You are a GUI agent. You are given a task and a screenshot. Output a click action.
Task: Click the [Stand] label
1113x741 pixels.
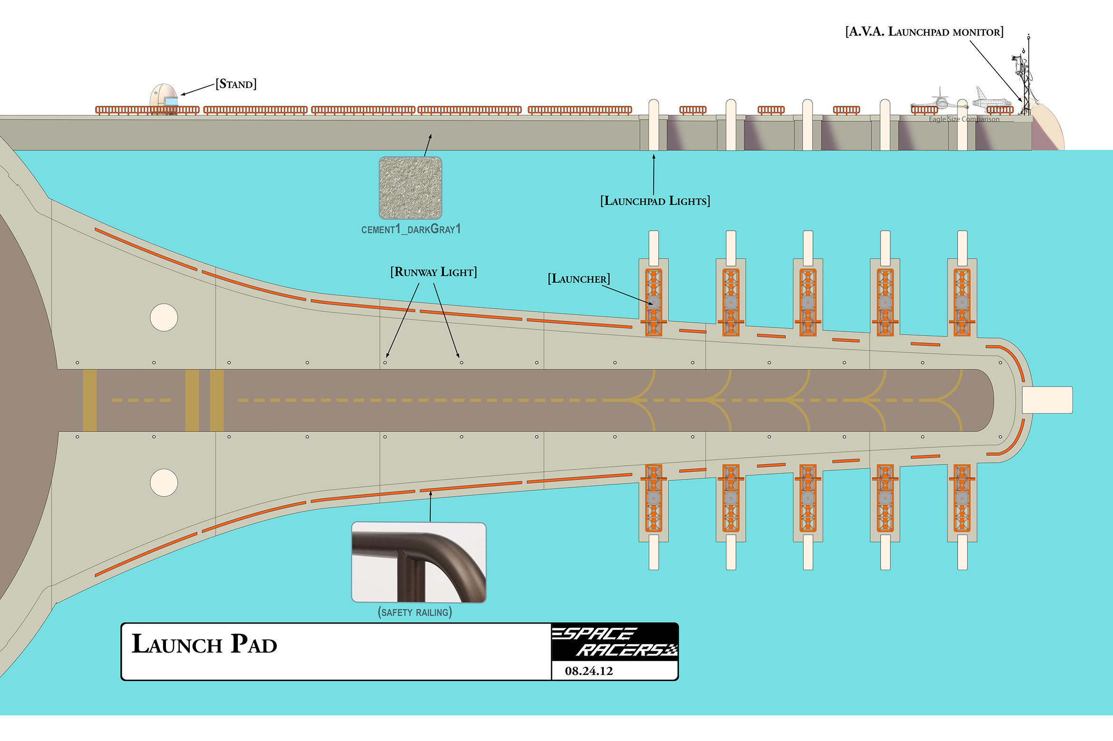(x=236, y=84)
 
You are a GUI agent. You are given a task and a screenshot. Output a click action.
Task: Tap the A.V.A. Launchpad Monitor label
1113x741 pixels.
(x=924, y=32)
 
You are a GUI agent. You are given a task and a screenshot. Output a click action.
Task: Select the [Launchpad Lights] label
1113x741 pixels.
(x=655, y=201)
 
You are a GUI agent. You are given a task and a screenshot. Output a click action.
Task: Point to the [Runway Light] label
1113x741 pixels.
(x=433, y=272)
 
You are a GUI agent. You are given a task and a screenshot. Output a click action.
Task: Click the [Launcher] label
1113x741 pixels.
(x=578, y=279)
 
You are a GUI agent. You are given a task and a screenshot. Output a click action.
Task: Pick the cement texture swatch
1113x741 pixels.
(x=410, y=188)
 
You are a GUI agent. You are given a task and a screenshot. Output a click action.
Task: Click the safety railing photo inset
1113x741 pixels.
(x=418, y=562)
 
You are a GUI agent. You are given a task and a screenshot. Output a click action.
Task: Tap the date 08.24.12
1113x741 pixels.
(x=589, y=671)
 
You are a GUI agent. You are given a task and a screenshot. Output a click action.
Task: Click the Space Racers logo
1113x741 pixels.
(x=615, y=642)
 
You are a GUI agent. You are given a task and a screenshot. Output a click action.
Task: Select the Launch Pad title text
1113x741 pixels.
(x=204, y=645)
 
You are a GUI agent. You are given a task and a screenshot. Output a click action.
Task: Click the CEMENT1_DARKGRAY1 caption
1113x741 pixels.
(x=411, y=230)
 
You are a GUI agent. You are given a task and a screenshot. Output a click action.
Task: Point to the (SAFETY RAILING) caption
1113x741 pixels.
(x=415, y=612)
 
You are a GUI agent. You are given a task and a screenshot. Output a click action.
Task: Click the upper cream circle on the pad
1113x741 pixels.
(x=164, y=318)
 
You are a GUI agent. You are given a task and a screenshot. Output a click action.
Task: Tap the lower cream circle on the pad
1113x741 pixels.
(x=164, y=483)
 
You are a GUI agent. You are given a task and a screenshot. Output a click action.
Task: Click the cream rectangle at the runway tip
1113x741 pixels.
(x=1047, y=400)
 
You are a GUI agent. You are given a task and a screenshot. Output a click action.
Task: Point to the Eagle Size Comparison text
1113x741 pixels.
(x=964, y=119)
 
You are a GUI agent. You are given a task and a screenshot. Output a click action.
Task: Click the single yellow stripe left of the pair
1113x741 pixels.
(x=90, y=400)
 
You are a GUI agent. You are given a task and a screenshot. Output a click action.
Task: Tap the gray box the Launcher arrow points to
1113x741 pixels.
(x=654, y=303)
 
